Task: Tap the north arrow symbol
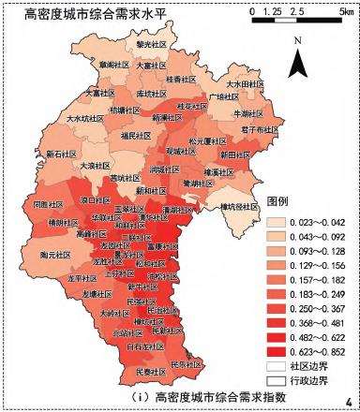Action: coord(297,61)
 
